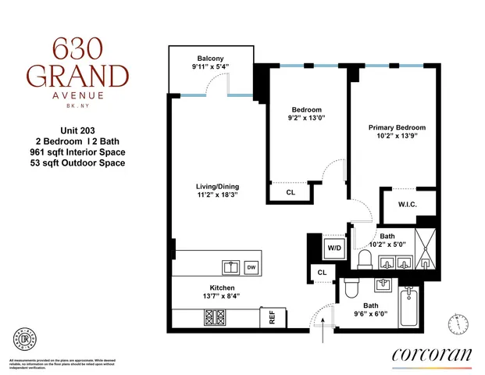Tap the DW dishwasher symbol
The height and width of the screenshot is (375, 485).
pyautogui.click(x=251, y=267)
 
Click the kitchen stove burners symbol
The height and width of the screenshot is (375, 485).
pyautogui.click(x=214, y=318)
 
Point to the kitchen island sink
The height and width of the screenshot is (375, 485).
pyautogui.click(x=232, y=267)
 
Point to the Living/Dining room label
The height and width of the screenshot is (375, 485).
pyautogui.click(x=217, y=186)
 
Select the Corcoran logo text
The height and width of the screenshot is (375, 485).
pyautogui.click(x=431, y=354)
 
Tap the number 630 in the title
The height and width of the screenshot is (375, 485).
pyautogui.click(x=77, y=50)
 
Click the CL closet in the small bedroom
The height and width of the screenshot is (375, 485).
pyautogui.click(x=291, y=191)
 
